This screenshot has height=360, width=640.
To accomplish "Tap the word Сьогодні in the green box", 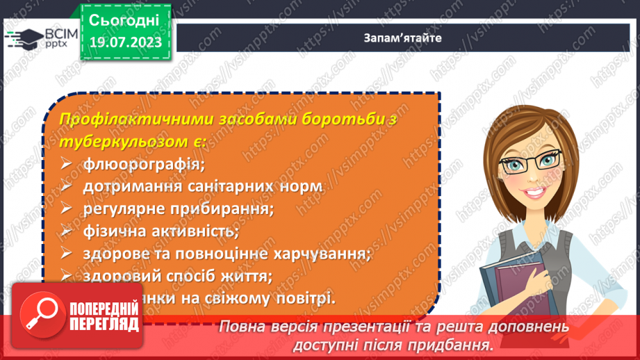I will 125,18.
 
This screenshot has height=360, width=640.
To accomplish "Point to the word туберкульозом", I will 124,142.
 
